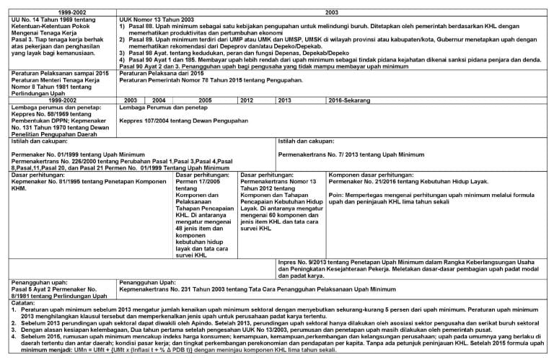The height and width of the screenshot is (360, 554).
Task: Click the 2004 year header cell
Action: [159, 100]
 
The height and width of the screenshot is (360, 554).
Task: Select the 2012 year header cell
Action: [247, 100]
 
